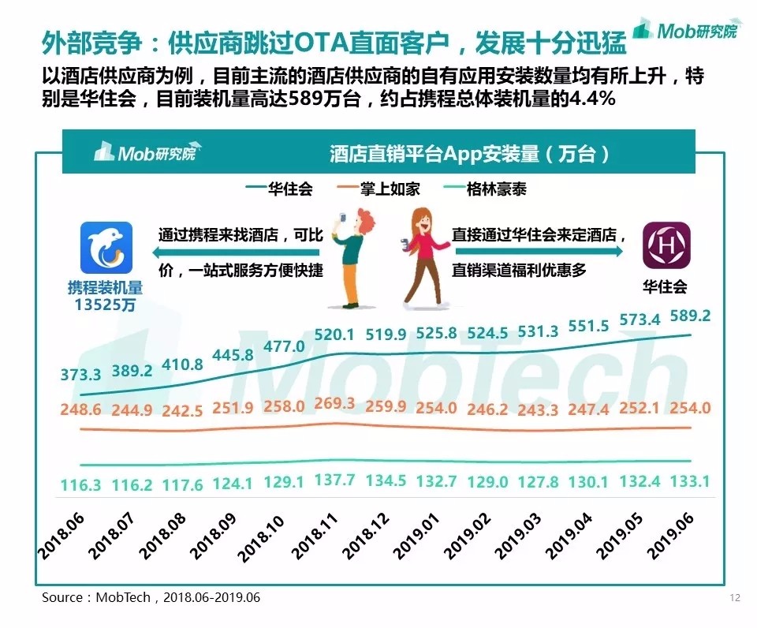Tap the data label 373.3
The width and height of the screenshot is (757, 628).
tap(81, 375)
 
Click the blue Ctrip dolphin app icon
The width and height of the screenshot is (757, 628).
tap(106, 247)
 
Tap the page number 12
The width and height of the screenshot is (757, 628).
tap(735, 597)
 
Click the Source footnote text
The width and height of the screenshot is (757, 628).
tap(151, 597)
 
